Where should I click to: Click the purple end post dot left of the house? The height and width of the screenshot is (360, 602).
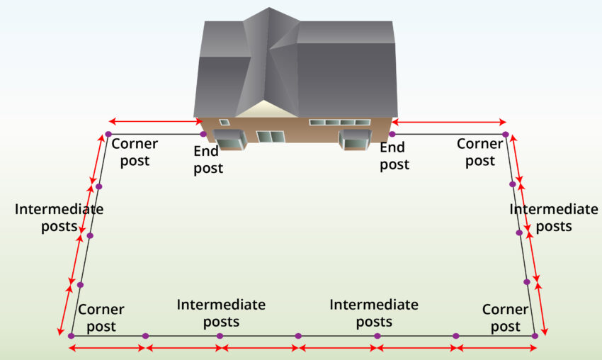coord(203,134)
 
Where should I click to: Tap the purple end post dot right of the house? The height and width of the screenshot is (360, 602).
coord(392,134)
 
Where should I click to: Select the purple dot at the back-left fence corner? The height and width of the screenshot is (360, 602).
coord(108,134)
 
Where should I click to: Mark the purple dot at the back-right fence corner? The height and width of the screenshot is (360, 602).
coord(505,134)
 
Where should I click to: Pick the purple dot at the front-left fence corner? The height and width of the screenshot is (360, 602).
coord(71,335)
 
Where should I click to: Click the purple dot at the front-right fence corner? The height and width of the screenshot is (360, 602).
coord(535,335)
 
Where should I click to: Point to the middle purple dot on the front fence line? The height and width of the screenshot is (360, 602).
coord(298,335)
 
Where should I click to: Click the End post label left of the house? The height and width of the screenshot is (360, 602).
coord(208,159)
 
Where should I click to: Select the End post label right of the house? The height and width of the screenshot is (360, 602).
coord(394,156)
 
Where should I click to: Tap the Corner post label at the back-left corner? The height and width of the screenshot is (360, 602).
coord(135,152)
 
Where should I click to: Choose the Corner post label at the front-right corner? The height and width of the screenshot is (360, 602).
coord(505,318)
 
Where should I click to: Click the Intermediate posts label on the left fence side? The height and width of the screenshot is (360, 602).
coord(59,218)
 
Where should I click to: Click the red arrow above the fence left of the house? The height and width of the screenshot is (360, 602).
coord(156,121)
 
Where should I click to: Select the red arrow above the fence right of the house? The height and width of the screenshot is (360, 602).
coord(448,121)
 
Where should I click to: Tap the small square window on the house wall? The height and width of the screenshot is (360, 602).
coord(225,122)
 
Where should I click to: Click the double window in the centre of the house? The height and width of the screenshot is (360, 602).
coord(270,137)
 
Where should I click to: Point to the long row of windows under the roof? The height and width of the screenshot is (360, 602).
coord(339,123)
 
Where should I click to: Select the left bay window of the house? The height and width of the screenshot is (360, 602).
coord(229,140)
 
